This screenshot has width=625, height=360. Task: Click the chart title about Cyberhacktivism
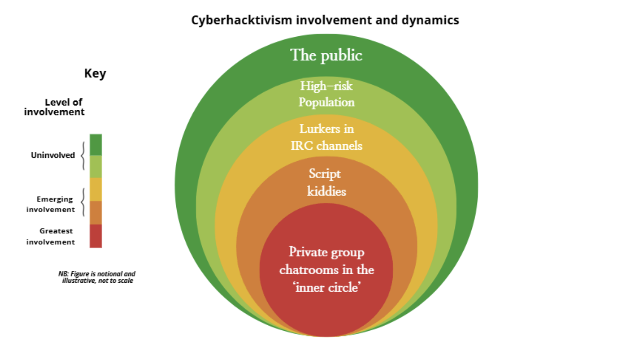click(x=325, y=21)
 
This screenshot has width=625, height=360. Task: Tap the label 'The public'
click(x=326, y=55)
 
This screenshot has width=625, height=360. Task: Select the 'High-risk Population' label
click(x=326, y=94)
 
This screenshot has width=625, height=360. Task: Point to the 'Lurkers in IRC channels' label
click(x=326, y=137)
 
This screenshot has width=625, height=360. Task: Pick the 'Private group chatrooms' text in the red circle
click(x=326, y=270)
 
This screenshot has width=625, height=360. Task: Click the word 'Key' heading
click(x=95, y=74)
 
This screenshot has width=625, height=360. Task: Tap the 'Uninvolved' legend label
click(x=53, y=155)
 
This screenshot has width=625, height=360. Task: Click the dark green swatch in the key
click(x=96, y=145)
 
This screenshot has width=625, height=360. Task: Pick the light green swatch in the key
click(x=96, y=166)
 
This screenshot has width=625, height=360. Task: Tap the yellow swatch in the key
click(x=96, y=189)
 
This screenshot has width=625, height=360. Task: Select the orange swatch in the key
click(x=96, y=213)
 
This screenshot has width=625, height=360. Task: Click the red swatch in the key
click(x=96, y=236)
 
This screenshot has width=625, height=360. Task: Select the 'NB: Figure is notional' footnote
click(x=97, y=277)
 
